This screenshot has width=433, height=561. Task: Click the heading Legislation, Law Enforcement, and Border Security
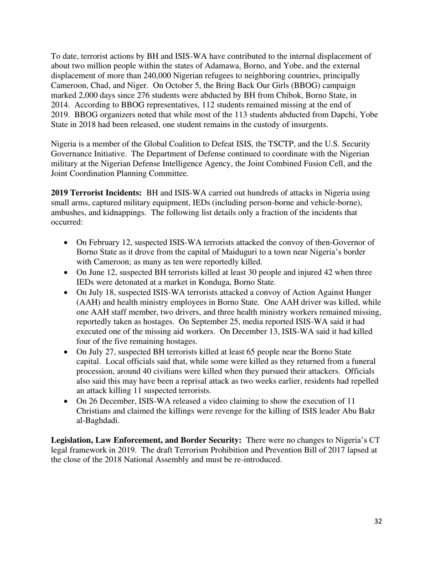[x=146, y=440]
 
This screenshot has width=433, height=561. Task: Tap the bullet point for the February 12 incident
[x=67, y=243]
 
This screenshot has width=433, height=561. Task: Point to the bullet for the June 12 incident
[x=67, y=273]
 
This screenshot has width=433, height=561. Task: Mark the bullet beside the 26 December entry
[x=67, y=401]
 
